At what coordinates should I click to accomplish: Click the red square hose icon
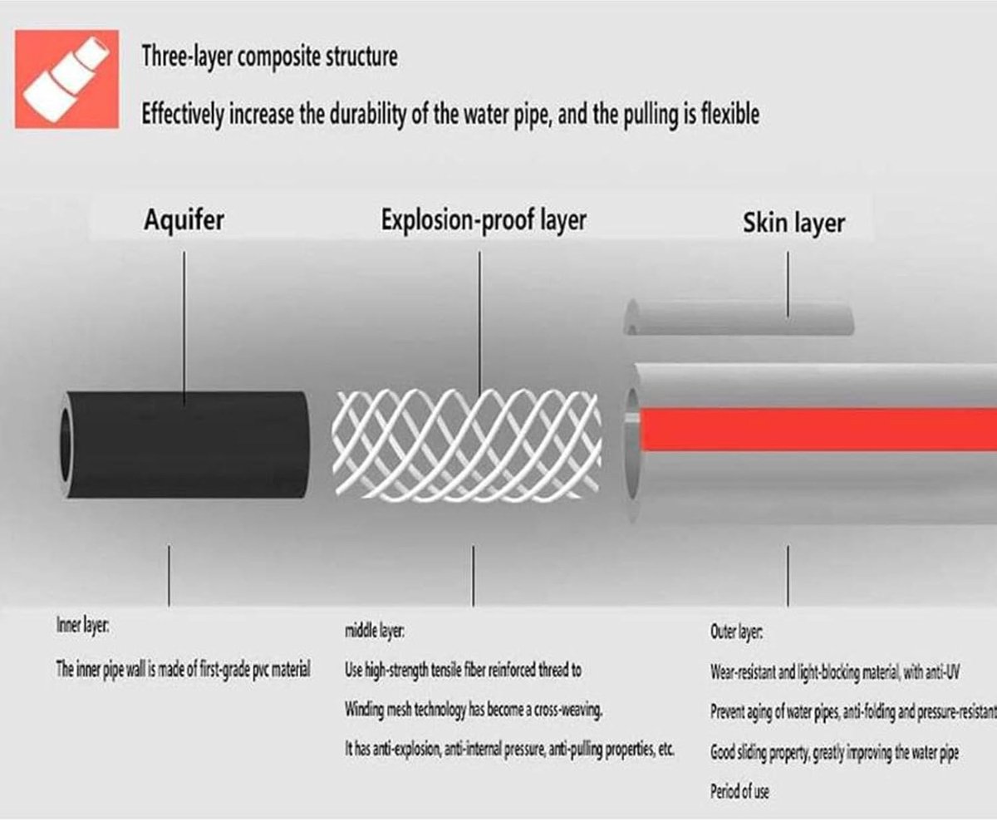pos(66,79)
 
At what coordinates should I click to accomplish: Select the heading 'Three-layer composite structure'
pos(269,57)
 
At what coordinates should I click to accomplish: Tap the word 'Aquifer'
pos(184,220)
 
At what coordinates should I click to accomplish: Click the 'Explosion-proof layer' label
pos(484,220)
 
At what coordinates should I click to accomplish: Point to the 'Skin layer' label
pos(794,223)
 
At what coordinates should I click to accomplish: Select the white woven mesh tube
pos(467,445)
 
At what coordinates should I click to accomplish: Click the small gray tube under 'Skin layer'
pos(739,317)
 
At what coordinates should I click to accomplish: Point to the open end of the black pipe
pos(66,444)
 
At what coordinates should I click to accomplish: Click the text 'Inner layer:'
pos(83,626)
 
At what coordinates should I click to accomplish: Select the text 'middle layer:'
pos(375,631)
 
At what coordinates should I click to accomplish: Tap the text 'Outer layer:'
pos(736,632)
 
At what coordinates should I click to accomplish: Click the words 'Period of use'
pos(739,791)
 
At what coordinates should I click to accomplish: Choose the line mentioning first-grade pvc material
pos(183,669)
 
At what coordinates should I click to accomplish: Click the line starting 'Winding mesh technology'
pos(474,710)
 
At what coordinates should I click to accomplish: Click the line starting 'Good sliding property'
pos(834,752)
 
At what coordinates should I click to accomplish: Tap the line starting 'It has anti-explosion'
pos(509,749)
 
